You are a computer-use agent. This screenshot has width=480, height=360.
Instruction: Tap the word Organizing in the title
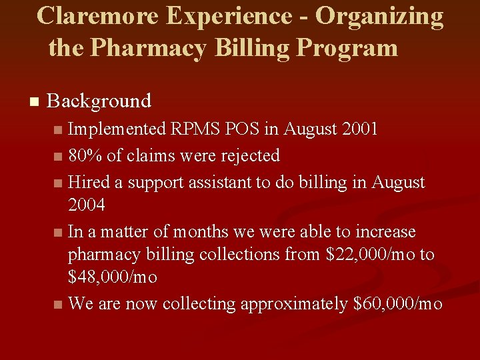pyautogui.click(x=379, y=17)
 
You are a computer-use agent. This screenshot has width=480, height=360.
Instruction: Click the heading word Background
pyautogui.click(x=99, y=101)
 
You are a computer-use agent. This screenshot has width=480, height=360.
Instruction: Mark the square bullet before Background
pyautogui.click(x=34, y=102)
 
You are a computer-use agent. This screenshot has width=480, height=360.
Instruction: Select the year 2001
pyautogui.click(x=357, y=128)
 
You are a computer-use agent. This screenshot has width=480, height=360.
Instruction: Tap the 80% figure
pyautogui.click(x=85, y=155)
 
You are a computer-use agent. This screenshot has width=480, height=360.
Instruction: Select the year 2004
pyautogui.click(x=87, y=205)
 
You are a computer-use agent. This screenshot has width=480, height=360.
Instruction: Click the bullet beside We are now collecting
pyautogui.click(x=59, y=305)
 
